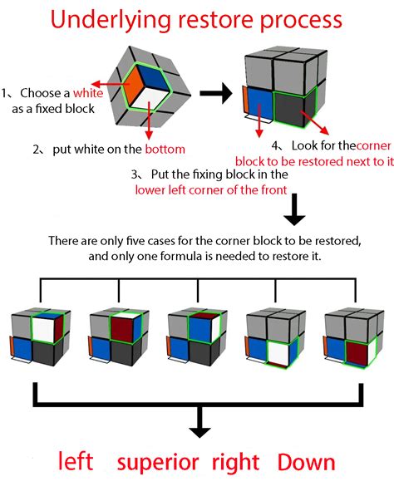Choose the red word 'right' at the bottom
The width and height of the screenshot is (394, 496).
pyautogui.click(x=235, y=463)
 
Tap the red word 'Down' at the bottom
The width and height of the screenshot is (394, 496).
pyautogui.click(x=306, y=463)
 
